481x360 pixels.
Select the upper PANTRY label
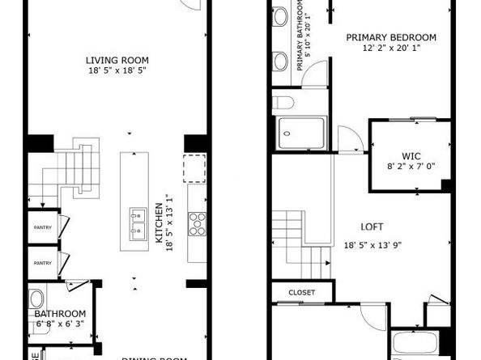click(42, 227)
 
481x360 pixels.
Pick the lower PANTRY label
click(42, 263)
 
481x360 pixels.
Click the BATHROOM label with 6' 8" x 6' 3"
click(60, 314)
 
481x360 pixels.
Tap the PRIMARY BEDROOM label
click(391, 37)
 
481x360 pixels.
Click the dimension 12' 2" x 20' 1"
click(391, 48)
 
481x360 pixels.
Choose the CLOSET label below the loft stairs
click(300, 292)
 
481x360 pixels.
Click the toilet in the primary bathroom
click(283, 103)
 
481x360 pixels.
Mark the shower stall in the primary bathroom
click(301, 133)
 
